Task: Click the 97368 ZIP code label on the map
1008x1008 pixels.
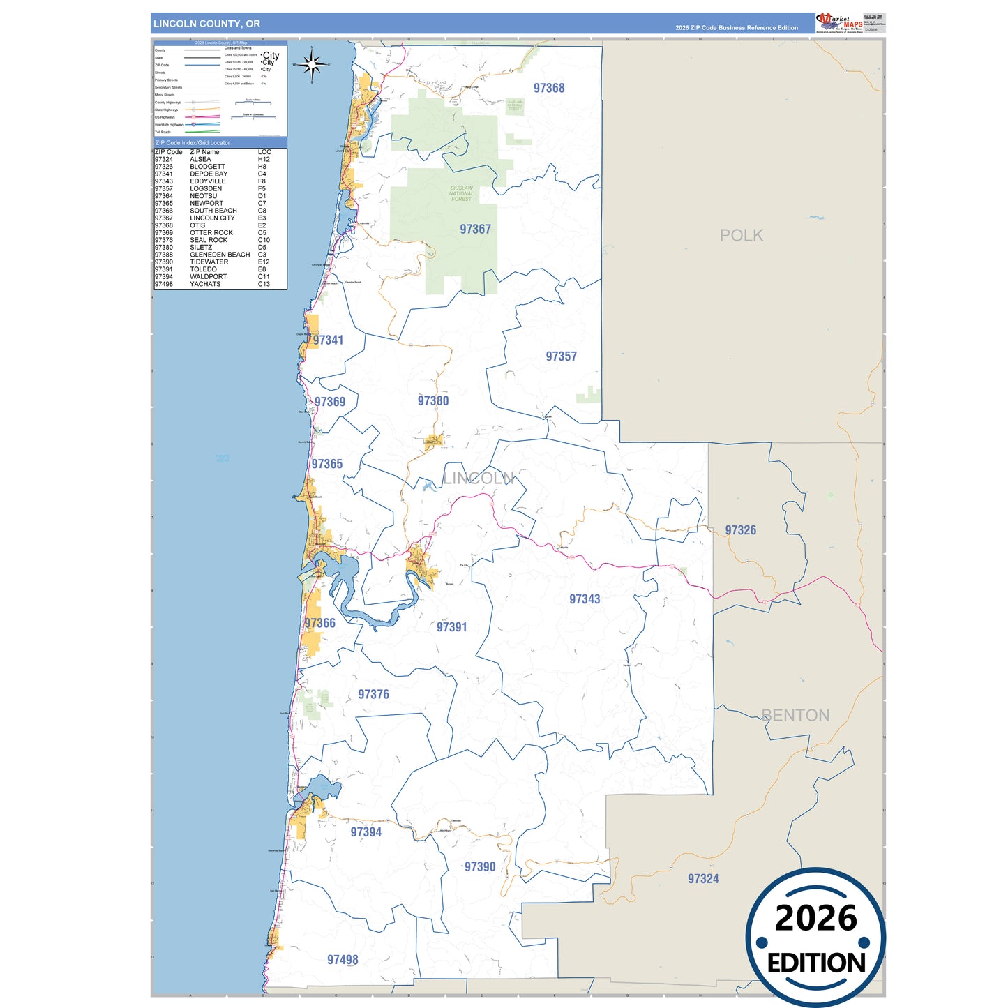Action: point(549,88)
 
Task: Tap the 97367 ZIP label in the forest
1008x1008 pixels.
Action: point(475,229)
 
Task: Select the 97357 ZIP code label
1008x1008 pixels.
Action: point(561,356)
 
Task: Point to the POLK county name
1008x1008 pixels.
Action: point(741,236)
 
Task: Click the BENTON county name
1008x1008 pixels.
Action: point(795,715)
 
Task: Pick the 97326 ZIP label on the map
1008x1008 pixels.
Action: point(740,530)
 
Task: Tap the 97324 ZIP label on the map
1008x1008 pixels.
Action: point(702,879)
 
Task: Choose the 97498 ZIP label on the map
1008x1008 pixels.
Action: point(343,960)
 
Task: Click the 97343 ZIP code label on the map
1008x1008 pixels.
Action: point(585,599)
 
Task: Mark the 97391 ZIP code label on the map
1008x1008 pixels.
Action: point(451,627)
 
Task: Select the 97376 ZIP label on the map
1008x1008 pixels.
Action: point(373,694)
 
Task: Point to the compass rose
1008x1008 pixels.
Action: point(312,65)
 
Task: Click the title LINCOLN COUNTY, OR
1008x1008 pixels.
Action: point(206,24)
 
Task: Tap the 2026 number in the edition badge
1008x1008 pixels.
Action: point(815,919)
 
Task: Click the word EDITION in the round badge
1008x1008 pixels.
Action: point(816,963)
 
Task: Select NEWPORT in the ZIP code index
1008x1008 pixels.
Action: point(206,204)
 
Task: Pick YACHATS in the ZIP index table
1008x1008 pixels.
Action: point(205,284)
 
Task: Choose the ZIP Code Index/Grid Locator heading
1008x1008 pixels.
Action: point(193,143)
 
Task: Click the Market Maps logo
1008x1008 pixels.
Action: point(839,22)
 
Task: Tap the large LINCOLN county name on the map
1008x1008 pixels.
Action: point(479,479)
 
